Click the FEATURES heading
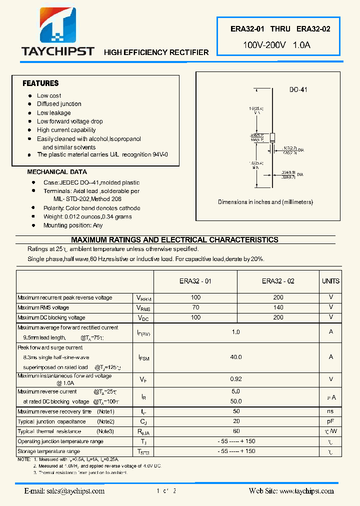pyautogui.click(x=40, y=83)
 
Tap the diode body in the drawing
pyautogui.click(x=272, y=137)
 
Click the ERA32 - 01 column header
pyautogui.click(x=195, y=281)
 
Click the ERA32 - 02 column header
pyautogui.click(x=278, y=281)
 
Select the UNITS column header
pyautogui.click(x=330, y=281)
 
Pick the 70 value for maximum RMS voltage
pyautogui.click(x=195, y=307)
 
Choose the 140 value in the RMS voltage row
pyautogui.click(x=278, y=307)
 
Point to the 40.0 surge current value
pyautogui.click(x=236, y=357)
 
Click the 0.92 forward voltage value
pyautogui.click(x=236, y=379)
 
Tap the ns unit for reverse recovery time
pyautogui.click(x=330, y=411)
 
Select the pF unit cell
pyautogui.click(x=330, y=421)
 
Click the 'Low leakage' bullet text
pyautogui.click(x=53, y=113)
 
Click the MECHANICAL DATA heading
pyautogui.click(x=57, y=172)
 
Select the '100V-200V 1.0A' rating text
pyautogui.click(x=276, y=45)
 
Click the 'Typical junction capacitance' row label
pyautogui.click(x=51, y=421)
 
